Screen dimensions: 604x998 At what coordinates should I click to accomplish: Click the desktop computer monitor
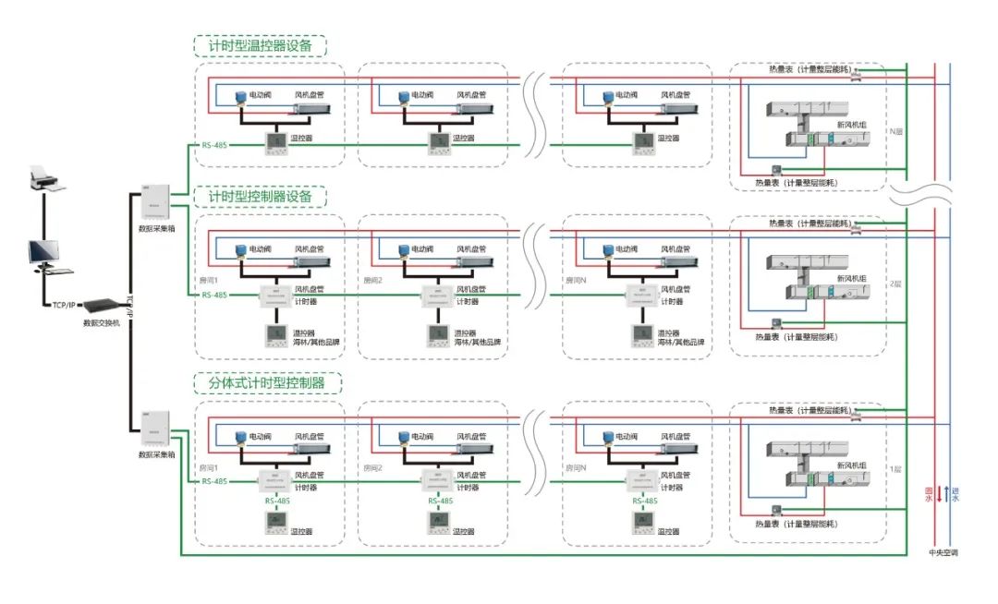(x=43, y=252)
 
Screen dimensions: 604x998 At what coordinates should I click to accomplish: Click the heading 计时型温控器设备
(x=260, y=46)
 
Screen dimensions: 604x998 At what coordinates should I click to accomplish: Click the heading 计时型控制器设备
(x=260, y=198)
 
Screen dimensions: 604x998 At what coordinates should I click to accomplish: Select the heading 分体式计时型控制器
(x=266, y=382)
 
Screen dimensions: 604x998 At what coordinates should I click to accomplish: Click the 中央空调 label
(x=943, y=553)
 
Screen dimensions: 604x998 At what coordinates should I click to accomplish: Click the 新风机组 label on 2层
(x=851, y=277)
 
